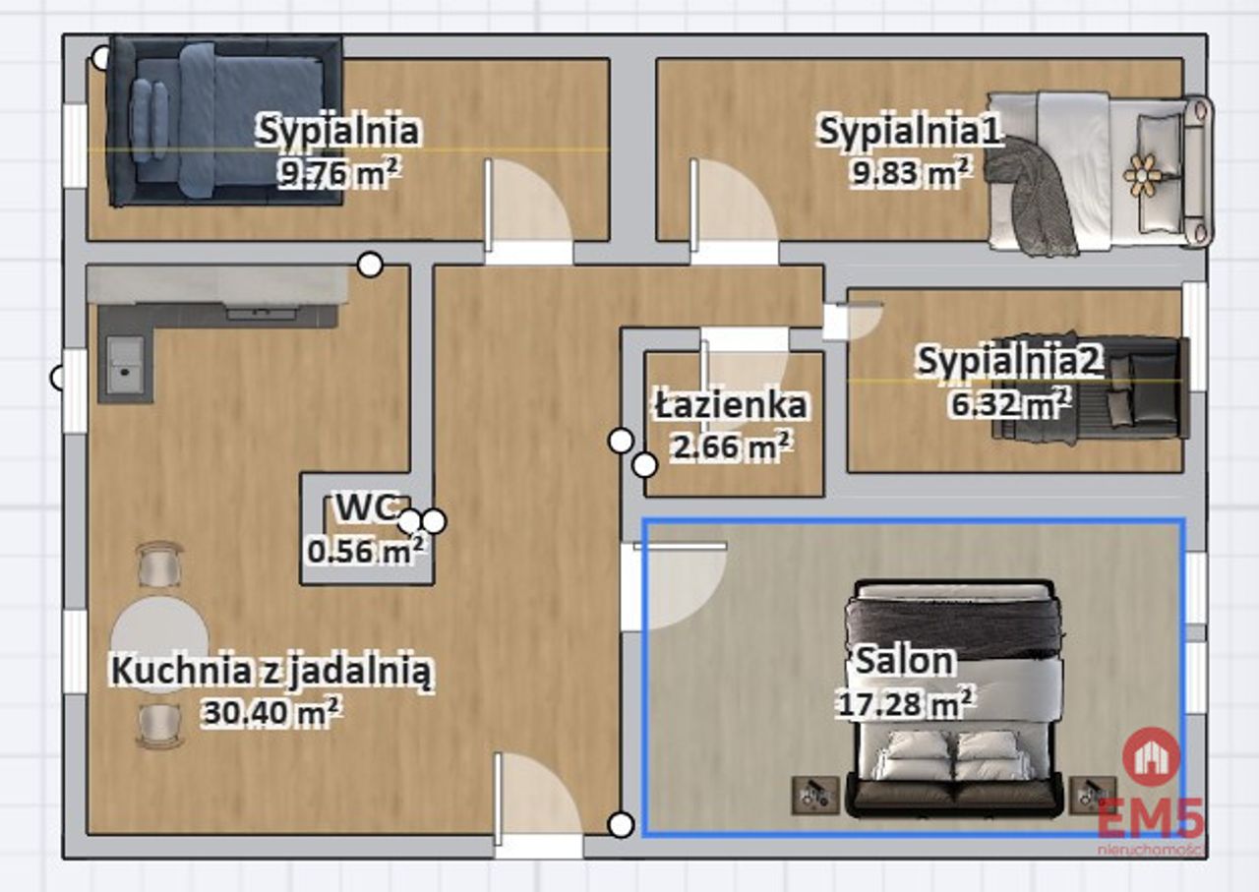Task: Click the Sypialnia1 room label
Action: point(910,131)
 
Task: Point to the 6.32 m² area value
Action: point(1010,402)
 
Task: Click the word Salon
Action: point(904,661)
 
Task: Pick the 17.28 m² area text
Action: point(904,703)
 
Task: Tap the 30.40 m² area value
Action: point(271,712)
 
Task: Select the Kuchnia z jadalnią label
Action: point(271,672)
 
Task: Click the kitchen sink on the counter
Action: point(125,363)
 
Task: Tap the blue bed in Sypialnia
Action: point(225,121)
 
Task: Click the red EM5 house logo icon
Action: point(1151,757)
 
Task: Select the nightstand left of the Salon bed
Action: point(814,796)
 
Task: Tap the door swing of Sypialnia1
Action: point(734,207)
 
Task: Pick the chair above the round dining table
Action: point(159,565)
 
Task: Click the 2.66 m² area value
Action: point(731,446)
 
